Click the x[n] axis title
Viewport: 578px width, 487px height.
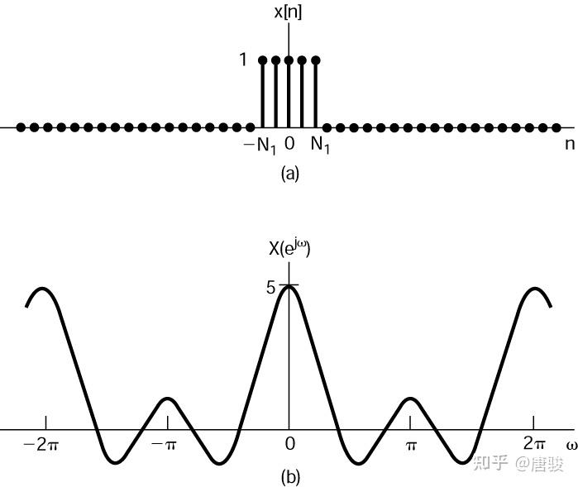pos(289,12)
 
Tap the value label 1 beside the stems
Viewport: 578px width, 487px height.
pos(243,60)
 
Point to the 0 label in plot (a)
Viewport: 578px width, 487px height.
pos(289,144)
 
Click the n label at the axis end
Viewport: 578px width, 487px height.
pos(568,144)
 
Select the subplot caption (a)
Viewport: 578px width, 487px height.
pos(289,173)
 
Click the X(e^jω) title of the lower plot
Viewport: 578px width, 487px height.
pos(289,246)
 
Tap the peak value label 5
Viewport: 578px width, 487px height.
pos(270,288)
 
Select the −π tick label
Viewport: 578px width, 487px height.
pos(165,445)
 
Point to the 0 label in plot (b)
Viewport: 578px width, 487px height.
pos(289,444)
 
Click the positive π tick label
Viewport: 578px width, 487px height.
pos(411,445)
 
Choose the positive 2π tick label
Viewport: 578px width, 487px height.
pos(534,444)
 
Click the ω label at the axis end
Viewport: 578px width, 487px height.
pos(571,445)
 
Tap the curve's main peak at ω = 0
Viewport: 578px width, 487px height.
pos(289,286)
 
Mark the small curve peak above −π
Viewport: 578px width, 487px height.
pos(168,399)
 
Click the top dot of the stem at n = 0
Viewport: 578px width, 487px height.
pos(289,60)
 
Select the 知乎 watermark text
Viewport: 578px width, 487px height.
pos(490,462)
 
